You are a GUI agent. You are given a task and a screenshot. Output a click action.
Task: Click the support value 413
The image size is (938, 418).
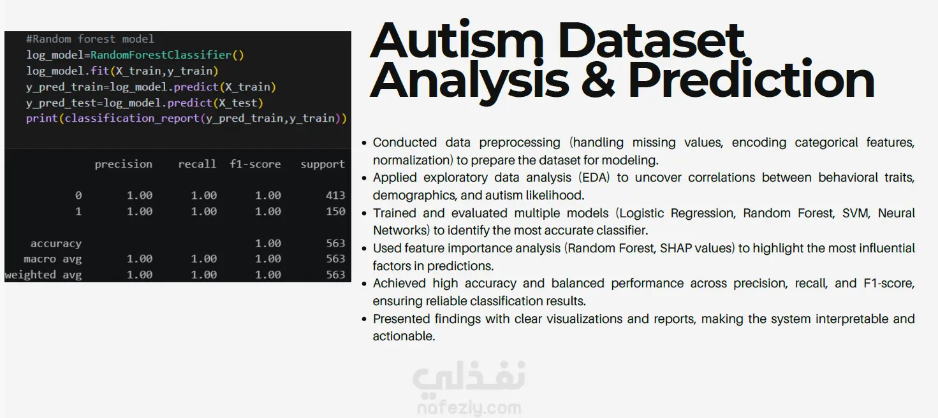[x=335, y=196]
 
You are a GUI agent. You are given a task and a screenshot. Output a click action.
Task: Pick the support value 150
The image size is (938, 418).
[x=335, y=212]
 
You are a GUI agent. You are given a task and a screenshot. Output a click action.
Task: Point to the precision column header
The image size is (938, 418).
[x=124, y=164]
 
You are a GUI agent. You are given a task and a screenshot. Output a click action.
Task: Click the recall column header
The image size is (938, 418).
[x=197, y=164]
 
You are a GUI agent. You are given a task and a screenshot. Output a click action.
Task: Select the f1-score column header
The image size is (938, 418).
[x=255, y=164]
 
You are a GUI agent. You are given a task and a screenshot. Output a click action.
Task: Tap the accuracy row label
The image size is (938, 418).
[x=56, y=244]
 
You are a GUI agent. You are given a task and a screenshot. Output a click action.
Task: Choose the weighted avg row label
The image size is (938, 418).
[x=43, y=275]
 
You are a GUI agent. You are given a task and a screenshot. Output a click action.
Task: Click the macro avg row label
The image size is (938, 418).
[x=53, y=259]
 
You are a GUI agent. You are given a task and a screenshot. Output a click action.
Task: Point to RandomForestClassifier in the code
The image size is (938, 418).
[x=161, y=55]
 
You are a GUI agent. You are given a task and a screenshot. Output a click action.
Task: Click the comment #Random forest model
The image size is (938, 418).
[x=90, y=39]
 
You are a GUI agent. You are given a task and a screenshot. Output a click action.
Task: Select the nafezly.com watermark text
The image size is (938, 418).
[x=469, y=408]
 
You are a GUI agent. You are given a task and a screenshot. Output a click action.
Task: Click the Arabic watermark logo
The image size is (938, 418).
[x=469, y=377]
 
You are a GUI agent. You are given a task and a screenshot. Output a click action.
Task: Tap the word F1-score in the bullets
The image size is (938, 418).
[x=889, y=284]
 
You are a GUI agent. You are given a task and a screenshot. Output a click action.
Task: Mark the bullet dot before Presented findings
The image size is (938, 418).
[x=364, y=319]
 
